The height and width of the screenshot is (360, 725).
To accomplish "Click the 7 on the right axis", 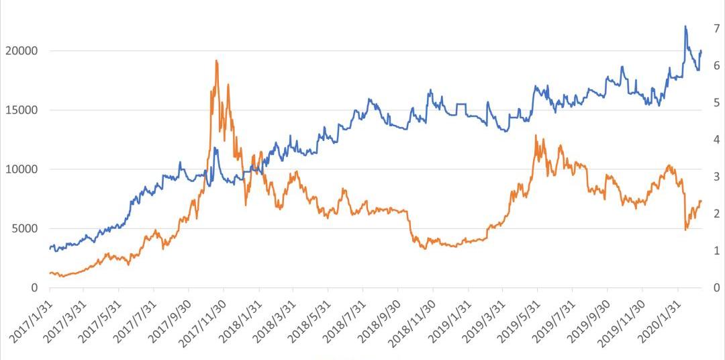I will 716,28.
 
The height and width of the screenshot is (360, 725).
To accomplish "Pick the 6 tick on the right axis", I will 716,65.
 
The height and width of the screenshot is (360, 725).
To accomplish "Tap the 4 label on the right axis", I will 716,140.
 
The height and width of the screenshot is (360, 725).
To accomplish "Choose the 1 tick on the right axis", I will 716,251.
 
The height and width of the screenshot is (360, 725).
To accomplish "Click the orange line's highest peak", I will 216,60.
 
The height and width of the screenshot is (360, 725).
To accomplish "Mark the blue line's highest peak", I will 685,26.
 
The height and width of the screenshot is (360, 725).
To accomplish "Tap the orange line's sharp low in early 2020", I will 685,230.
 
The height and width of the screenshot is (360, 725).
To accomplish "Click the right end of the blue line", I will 702,50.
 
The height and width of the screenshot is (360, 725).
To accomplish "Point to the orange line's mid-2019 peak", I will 536,136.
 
